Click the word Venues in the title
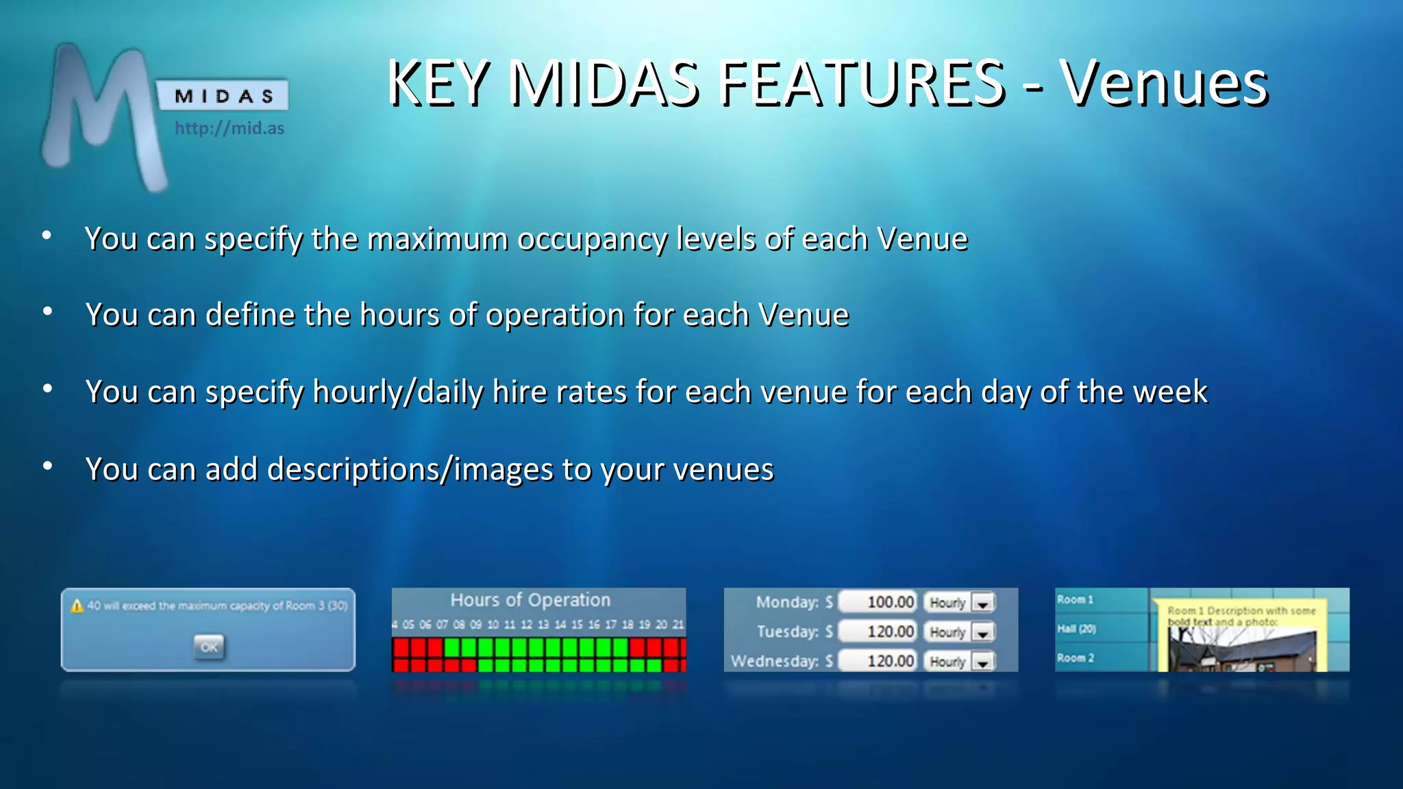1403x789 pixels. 1164,84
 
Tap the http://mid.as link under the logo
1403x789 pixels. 229,128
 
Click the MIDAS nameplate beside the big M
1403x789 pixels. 223,96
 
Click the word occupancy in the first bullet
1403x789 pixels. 591,240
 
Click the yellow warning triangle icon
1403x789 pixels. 77,606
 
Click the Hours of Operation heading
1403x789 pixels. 530,600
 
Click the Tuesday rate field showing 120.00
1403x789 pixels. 879,631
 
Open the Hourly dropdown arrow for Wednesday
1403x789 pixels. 983,662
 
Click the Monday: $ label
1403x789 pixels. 794,602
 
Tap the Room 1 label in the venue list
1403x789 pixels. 1075,599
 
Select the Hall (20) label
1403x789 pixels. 1076,629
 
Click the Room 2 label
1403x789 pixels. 1075,657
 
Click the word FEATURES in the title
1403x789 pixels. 862,84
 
